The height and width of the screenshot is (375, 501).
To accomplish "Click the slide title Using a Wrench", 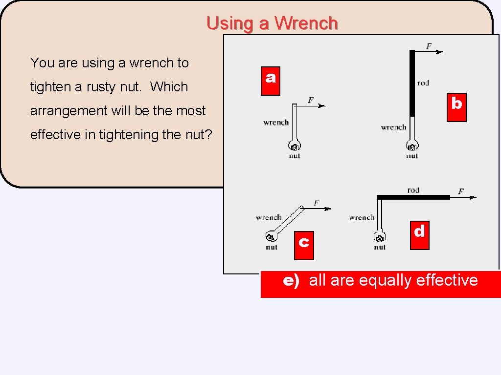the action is (272, 23).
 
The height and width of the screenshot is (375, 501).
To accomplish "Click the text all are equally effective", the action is (393, 280).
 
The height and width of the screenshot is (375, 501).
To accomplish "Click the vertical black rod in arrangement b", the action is (412, 83).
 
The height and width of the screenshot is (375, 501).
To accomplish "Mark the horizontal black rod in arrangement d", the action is (413, 197).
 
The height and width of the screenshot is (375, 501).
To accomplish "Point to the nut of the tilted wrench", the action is (270, 237).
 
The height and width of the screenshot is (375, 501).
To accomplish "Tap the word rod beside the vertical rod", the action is (423, 83).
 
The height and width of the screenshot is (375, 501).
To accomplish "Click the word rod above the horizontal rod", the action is (413, 190).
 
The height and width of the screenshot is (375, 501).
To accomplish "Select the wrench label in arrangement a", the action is (276, 123).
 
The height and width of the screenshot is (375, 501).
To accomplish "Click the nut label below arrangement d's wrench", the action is (380, 248).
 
